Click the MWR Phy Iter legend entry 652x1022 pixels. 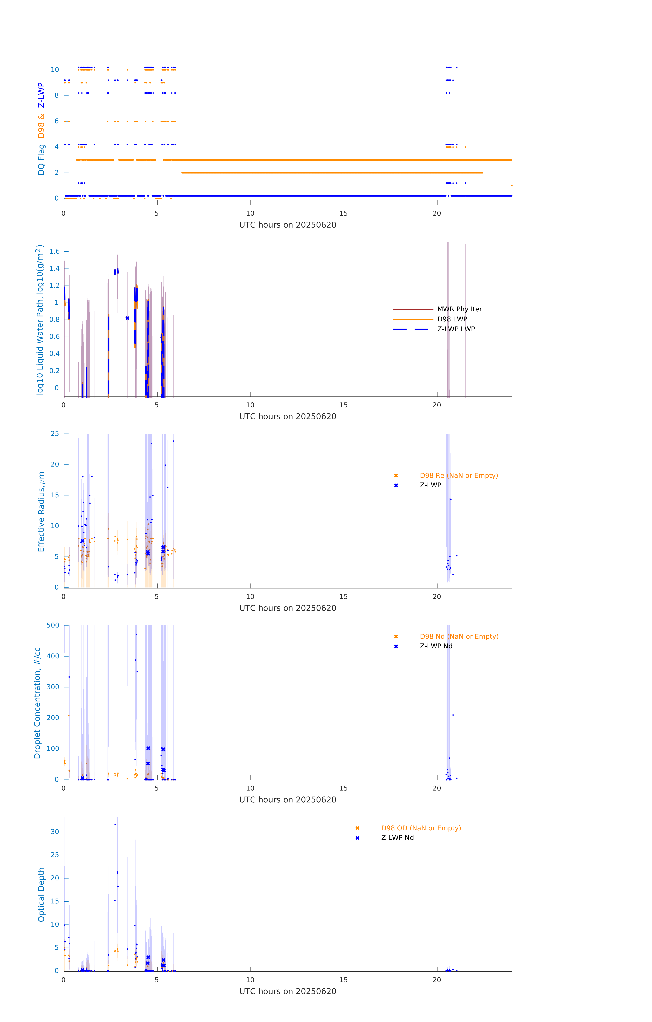459,309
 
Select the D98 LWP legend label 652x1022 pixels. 452,319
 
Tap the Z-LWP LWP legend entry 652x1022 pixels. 456,329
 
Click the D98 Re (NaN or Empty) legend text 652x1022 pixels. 459,475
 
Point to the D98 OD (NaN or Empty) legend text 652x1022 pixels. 421,828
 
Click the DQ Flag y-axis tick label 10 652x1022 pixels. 55,70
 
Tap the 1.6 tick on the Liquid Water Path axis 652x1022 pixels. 54,251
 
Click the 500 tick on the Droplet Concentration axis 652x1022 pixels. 53,625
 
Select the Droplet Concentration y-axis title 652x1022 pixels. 37,703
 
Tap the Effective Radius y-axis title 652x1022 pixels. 41,511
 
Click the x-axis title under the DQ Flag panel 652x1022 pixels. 288,225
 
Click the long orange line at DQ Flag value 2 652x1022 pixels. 332,173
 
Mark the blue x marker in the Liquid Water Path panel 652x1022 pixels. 128,318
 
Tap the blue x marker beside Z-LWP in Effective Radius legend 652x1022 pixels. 396,485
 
